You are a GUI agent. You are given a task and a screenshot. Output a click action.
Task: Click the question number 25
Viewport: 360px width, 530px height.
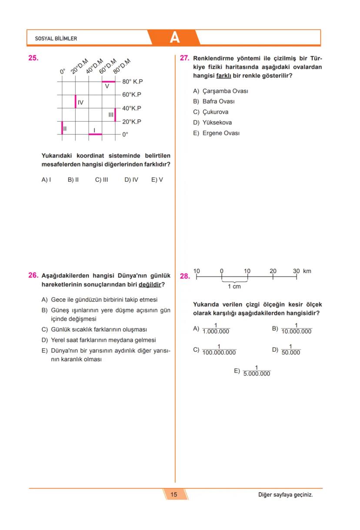[33, 58]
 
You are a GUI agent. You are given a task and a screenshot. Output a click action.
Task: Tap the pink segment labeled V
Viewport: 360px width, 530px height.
[108, 81]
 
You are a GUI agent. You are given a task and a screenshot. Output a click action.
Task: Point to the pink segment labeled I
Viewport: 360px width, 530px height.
[95, 134]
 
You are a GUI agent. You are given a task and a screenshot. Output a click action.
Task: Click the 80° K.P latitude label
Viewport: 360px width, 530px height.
[133, 81]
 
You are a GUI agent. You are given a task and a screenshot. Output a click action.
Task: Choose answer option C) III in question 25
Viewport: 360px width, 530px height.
[101, 180]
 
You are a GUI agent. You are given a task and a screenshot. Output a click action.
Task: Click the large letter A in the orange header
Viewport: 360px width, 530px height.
[174, 38]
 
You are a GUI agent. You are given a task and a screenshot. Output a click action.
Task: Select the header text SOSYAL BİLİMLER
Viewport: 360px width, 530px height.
[56, 39]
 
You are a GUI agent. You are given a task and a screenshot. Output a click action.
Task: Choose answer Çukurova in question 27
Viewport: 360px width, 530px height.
[215, 112]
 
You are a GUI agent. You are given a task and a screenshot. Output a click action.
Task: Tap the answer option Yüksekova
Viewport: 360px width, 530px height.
[217, 123]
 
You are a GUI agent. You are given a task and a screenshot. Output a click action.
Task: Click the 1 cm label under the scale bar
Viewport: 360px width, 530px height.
[234, 287]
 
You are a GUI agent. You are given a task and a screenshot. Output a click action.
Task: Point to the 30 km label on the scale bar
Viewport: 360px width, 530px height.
[302, 271]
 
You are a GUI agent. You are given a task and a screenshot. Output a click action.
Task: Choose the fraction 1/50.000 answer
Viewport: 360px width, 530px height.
[290, 350]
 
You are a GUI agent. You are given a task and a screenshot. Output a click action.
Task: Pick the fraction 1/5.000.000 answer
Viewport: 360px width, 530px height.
[257, 371]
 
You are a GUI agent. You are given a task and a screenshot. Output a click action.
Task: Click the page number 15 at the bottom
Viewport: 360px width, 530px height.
[174, 494]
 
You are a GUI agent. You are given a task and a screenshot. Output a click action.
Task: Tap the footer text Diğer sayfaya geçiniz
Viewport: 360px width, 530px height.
[285, 495]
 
